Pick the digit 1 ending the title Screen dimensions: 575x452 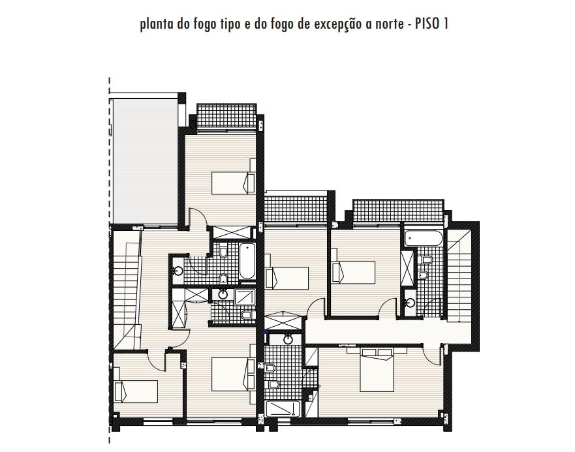pos(446,24)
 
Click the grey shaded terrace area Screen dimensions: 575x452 pos(146,160)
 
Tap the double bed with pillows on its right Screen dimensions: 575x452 pos(234,374)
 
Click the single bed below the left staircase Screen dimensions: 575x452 pos(136,391)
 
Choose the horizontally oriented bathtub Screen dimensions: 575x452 pos(423,239)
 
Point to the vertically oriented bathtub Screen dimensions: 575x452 pos(247,261)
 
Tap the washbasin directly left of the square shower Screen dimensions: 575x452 pos(223,294)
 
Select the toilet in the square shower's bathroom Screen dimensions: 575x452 pos(247,314)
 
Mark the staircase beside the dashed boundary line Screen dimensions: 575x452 pos(126,290)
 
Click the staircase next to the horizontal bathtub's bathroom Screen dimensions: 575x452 pos(458,276)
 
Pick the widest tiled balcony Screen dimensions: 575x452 pos(398,211)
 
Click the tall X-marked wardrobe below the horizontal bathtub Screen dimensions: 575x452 pos(407,268)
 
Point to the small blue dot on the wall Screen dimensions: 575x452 pos(266,331)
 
